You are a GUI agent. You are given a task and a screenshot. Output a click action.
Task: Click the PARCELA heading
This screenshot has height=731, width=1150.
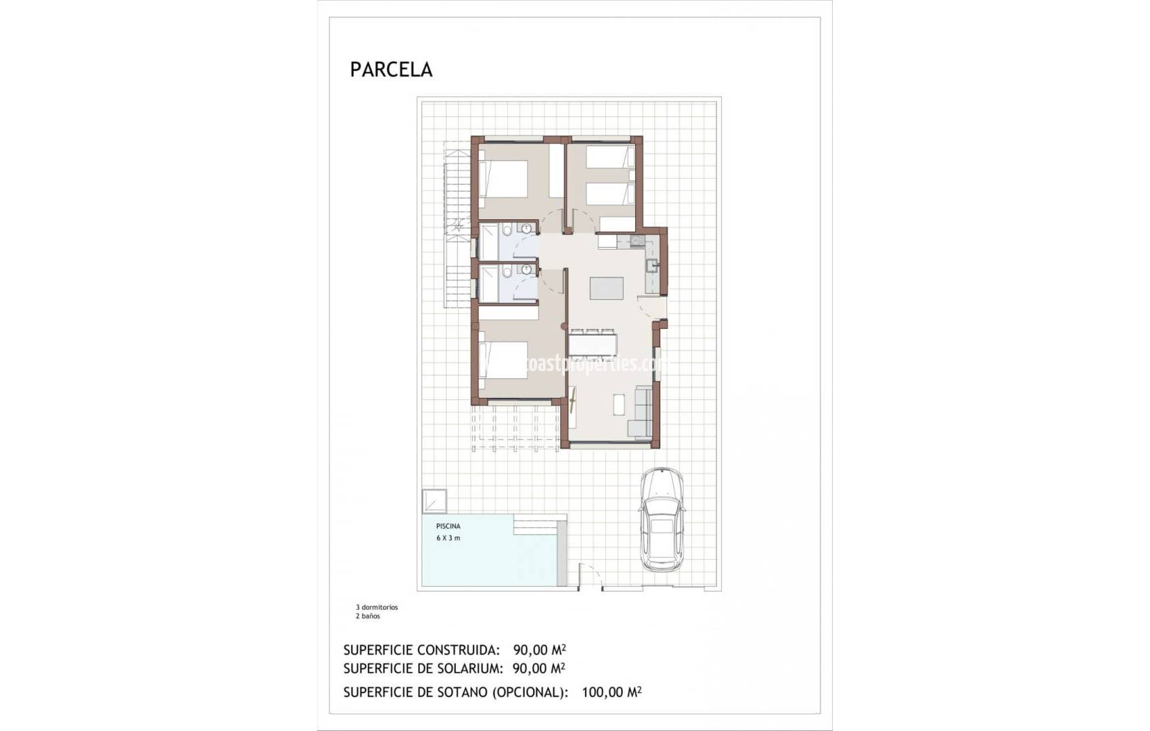coord(391,70)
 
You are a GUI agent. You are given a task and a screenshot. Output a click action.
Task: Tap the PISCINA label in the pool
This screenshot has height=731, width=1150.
coord(448,526)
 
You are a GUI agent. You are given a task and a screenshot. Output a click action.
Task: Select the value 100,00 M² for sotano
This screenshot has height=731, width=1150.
coord(611,692)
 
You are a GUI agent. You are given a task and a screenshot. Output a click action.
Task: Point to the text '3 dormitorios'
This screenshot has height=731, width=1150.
coord(377,607)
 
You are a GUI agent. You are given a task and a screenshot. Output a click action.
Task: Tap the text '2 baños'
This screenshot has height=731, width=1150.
coord(368,616)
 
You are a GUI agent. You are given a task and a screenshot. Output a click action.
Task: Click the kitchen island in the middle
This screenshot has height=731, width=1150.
coord(606,288)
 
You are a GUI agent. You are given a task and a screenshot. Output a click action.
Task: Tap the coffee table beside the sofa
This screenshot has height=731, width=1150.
coord(619,404)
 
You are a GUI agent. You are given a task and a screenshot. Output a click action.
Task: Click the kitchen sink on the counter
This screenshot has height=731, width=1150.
coord(651,265)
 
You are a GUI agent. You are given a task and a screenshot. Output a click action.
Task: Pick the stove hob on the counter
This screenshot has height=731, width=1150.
coord(637,240)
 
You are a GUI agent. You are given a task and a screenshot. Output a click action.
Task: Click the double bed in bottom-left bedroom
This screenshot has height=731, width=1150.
coord(503,360)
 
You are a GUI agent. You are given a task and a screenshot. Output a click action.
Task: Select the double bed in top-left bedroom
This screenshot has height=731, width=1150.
coord(503,179)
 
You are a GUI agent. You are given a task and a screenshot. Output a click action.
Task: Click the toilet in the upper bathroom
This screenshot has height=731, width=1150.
coord(507,231)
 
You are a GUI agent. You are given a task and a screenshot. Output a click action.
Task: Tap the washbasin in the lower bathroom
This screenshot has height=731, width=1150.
coord(526,269)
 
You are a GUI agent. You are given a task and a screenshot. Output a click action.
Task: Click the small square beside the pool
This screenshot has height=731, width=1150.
coord(434,501)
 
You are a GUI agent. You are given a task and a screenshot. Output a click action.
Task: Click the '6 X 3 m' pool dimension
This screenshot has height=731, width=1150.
coord(448,538)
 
